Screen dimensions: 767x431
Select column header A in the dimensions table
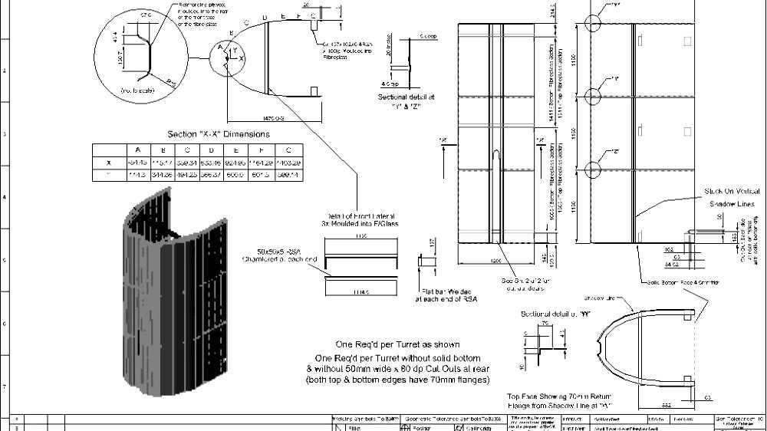pyautogui.click(x=137, y=150)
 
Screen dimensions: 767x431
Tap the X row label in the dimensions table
pyautogui.click(x=108, y=163)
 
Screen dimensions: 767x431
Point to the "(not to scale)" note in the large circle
pyautogui.click(x=137, y=90)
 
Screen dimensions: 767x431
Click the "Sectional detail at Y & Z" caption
pyautogui.click(x=407, y=101)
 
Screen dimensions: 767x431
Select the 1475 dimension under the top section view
pyautogui.click(x=272, y=118)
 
